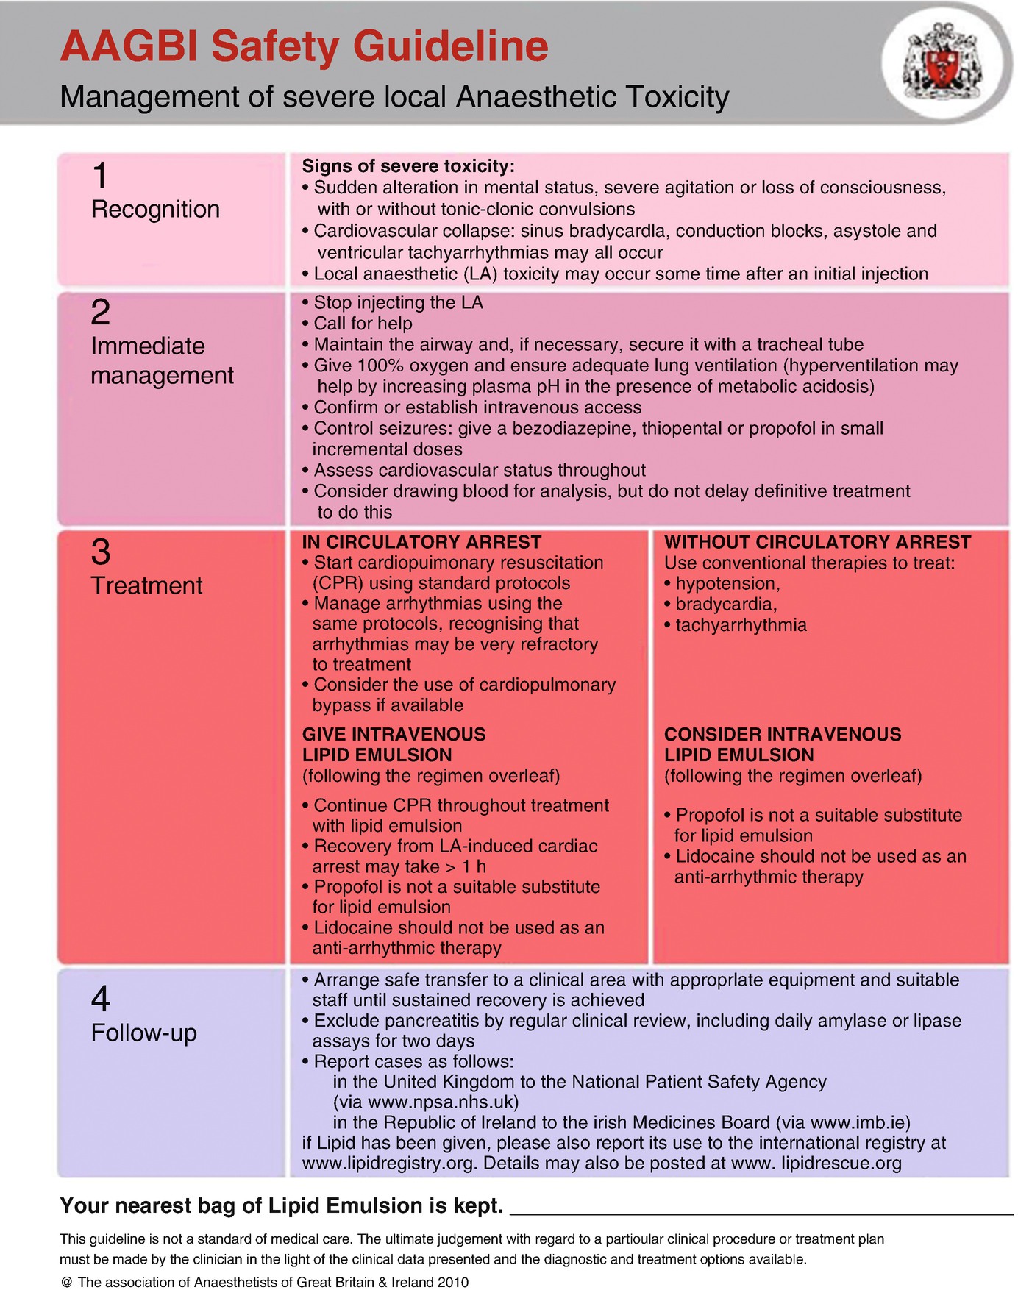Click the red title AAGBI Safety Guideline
point(304,46)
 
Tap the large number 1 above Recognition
point(100,176)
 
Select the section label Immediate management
point(162,360)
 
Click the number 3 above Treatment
point(101,552)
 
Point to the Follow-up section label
point(144,1033)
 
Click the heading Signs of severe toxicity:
point(408,166)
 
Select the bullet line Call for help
point(363,324)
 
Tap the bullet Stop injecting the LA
point(398,302)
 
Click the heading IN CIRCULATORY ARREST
point(421,542)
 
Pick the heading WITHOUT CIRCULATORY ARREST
point(817,542)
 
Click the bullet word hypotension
point(727,584)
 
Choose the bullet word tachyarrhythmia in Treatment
point(741,625)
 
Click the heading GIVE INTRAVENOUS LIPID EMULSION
point(394,744)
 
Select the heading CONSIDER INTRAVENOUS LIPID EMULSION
point(783,744)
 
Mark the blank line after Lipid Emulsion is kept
point(761,1210)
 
